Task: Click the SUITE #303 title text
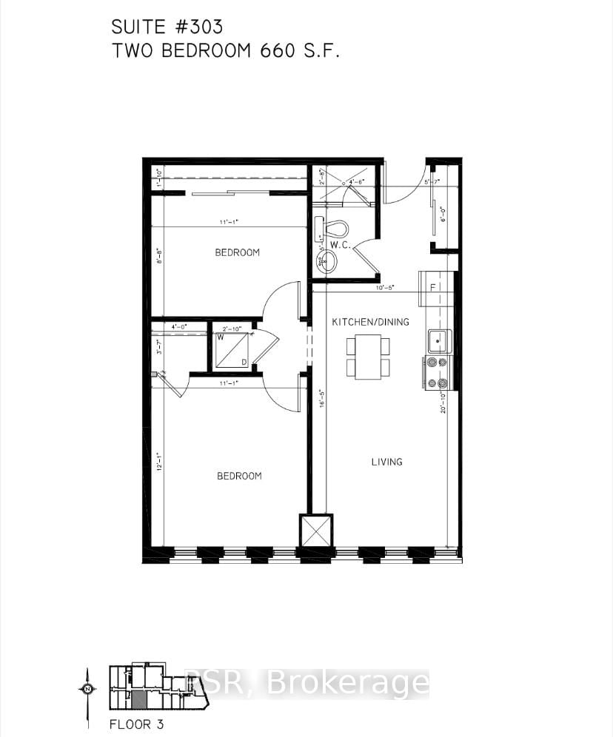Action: (167, 27)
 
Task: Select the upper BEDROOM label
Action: (237, 252)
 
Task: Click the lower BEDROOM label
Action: (238, 476)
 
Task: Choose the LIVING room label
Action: (386, 462)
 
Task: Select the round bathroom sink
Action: (326, 260)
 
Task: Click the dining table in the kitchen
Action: (369, 357)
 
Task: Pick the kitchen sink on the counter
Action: (439, 340)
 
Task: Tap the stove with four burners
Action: (438, 372)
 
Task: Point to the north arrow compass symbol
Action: (87, 689)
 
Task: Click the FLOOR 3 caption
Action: (136, 724)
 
